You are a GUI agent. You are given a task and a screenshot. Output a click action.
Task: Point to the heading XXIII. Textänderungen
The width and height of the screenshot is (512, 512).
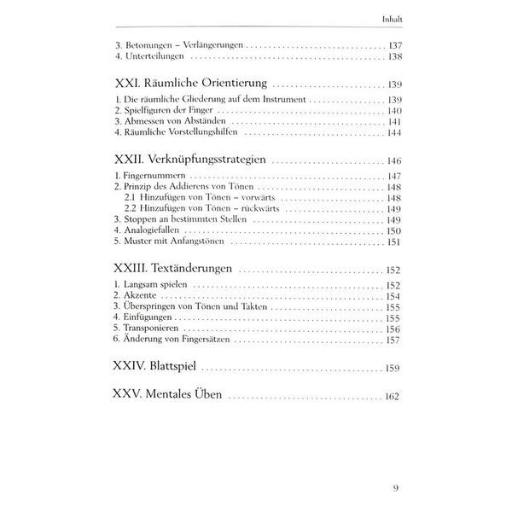[x=173, y=270]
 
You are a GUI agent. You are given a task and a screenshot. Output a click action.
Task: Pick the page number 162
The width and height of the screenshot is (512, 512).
[x=391, y=397]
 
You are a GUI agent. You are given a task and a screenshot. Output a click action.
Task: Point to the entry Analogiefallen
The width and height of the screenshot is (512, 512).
[x=152, y=231]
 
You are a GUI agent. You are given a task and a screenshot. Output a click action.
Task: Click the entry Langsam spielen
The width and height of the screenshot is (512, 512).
[x=152, y=285]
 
